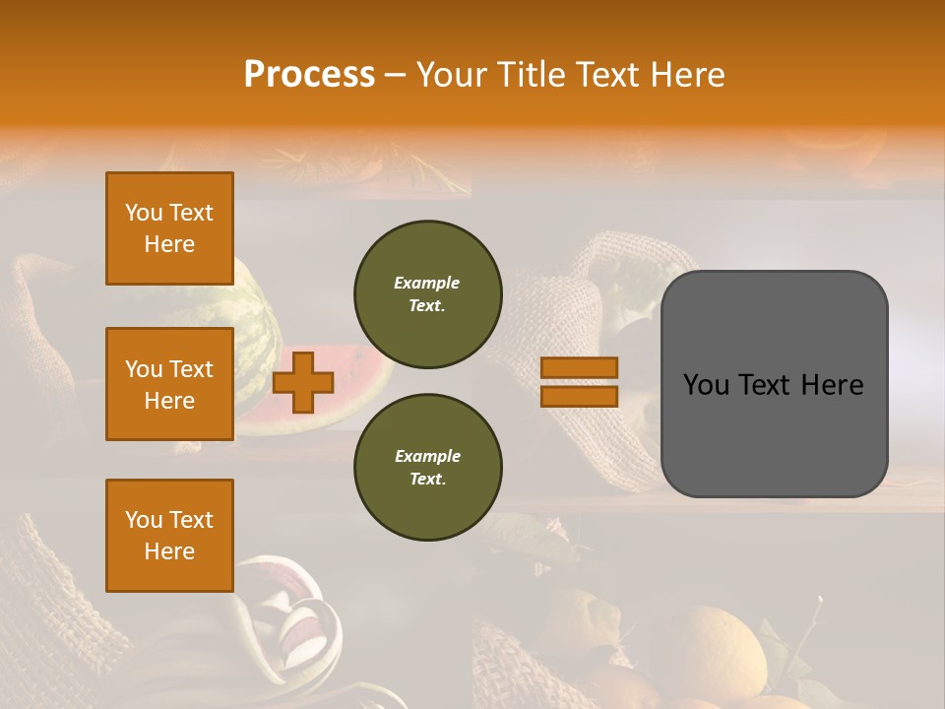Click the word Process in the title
click(x=309, y=75)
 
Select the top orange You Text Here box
click(x=169, y=228)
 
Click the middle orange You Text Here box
click(x=169, y=384)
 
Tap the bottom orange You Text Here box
click(x=169, y=536)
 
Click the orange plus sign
click(x=303, y=382)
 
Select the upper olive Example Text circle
click(x=427, y=294)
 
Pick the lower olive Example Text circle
click(x=427, y=468)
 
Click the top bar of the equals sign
click(x=579, y=368)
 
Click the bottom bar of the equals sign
click(x=579, y=396)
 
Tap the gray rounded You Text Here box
click(x=774, y=384)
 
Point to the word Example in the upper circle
click(x=427, y=284)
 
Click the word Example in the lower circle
click(x=427, y=457)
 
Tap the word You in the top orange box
click(x=144, y=213)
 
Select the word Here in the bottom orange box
click(x=169, y=551)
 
